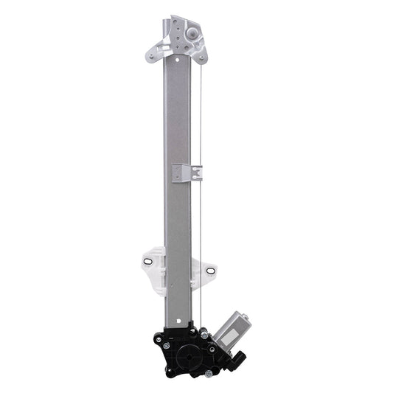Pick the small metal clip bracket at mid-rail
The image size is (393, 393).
click(185, 173)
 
